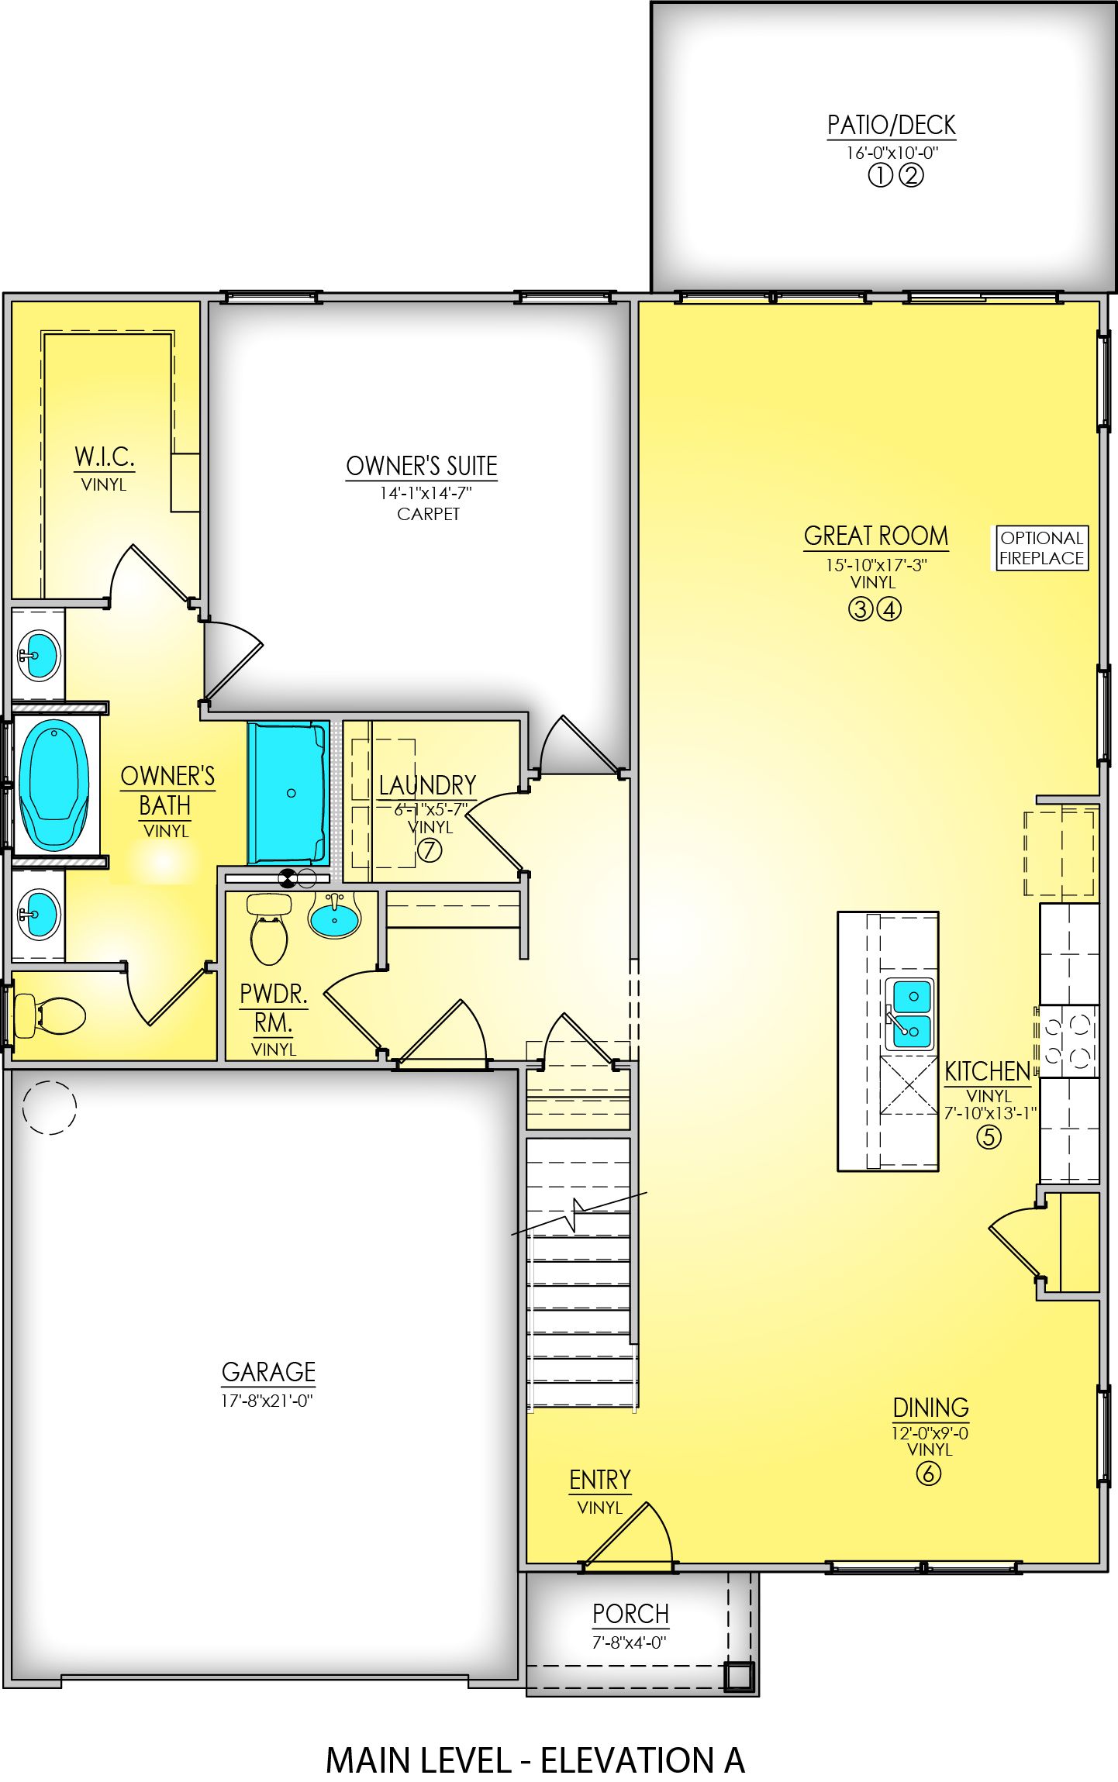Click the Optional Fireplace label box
[1040, 548]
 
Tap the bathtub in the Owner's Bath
[53, 784]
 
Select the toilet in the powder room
[269, 929]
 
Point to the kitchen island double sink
[910, 1013]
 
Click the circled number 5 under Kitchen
[989, 1137]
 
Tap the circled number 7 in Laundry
[430, 850]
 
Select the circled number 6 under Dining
[928, 1473]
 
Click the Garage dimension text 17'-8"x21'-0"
[267, 1401]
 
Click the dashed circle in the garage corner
[50, 1108]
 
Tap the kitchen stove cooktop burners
[1068, 1041]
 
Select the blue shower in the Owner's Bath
[288, 792]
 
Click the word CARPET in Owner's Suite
[428, 514]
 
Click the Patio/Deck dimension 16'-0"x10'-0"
[892, 153]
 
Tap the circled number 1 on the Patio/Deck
[879, 177]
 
